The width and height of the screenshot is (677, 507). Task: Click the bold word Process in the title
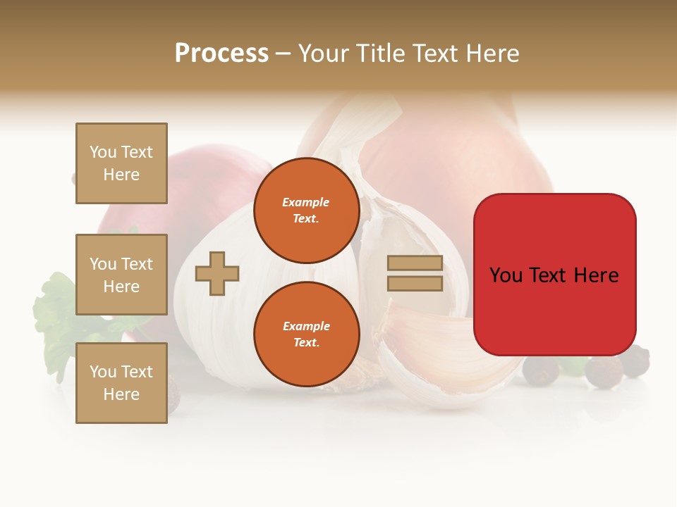point(221,54)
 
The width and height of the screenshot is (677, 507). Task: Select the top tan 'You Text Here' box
point(121,163)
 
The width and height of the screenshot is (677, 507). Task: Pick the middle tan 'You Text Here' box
point(121,275)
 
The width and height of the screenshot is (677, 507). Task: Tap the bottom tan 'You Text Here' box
point(121,383)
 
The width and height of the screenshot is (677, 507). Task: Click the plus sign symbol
point(217,273)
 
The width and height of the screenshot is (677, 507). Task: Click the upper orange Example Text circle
point(306,211)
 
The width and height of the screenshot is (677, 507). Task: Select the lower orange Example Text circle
point(306,334)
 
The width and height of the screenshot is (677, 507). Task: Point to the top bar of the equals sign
point(415,263)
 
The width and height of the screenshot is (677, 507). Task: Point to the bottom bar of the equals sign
point(415,284)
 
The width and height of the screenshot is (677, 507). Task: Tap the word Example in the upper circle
point(306,202)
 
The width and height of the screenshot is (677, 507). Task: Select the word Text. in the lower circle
point(306,342)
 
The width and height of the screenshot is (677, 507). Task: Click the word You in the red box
point(506,275)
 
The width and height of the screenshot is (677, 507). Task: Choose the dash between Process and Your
point(283,54)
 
